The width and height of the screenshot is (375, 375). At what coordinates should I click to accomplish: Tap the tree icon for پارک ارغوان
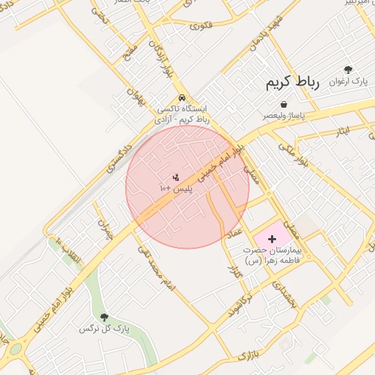coord(348,70)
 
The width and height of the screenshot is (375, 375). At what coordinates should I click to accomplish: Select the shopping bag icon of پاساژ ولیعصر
coord(283,104)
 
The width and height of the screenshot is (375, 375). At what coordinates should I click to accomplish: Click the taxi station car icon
coord(181,98)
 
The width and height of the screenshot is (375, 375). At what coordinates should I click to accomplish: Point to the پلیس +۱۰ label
coord(176,188)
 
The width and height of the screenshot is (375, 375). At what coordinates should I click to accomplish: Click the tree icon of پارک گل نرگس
coord(103,317)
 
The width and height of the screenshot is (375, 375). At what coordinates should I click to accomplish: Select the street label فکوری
coord(201,25)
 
